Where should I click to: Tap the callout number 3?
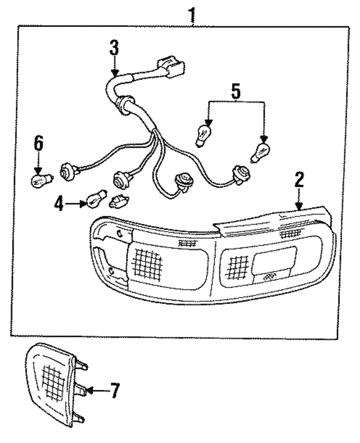click(x=114, y=48)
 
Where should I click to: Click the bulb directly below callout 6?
click(x=40, y=181)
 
